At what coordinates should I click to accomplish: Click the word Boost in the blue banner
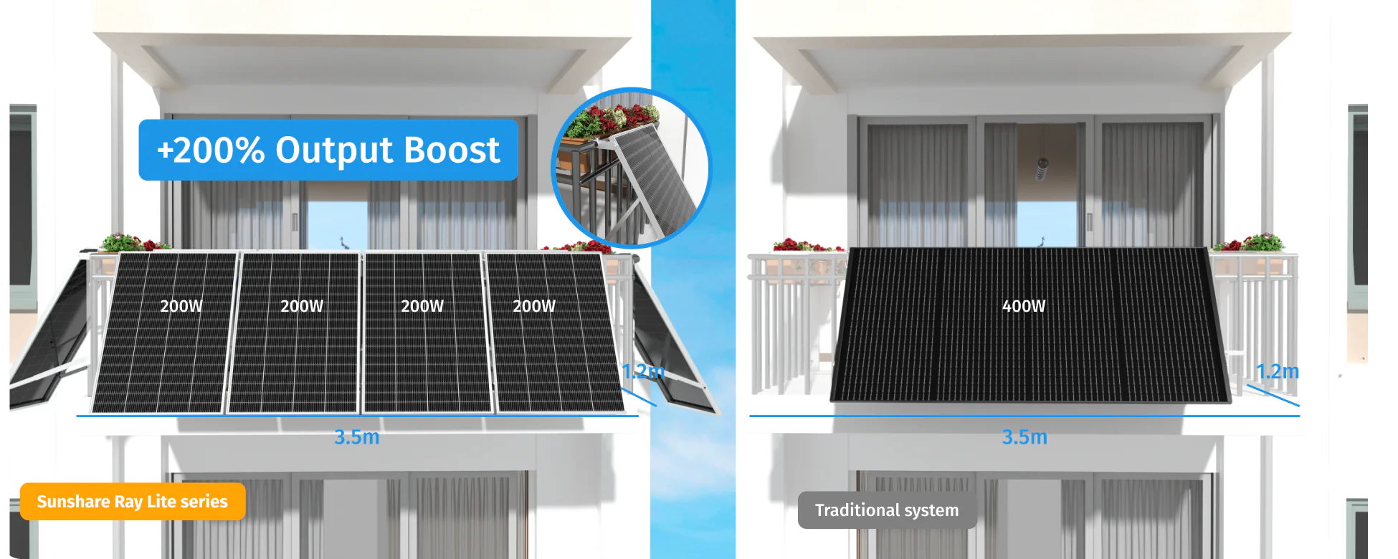452,150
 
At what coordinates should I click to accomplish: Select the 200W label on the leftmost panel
181,306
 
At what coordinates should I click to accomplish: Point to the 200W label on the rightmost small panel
534,306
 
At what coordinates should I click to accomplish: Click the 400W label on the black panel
1024,306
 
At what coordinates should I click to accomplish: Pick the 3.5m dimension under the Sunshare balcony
356,436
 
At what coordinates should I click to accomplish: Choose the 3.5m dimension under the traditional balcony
1024,436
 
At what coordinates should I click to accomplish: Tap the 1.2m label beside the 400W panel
1278,371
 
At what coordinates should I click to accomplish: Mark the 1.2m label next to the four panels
643,371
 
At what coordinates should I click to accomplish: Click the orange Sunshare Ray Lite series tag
133,502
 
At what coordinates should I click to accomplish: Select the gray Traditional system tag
887,510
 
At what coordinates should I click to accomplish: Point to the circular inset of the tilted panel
631,168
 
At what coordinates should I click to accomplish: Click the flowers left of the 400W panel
807,245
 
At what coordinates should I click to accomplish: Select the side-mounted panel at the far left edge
47,337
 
